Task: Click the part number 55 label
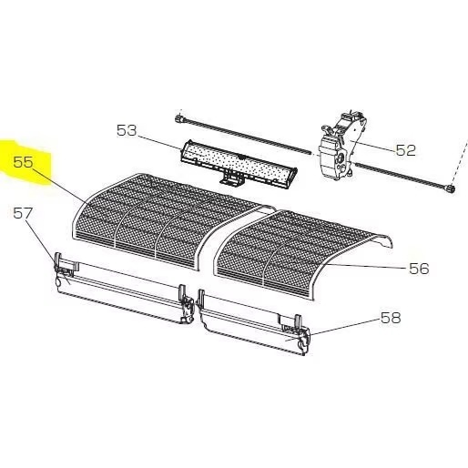click(x=23, y=162)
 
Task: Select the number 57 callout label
click(x=23, y=214)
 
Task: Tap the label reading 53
click(x=127, y=130)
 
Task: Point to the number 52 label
click(x=405, y=150)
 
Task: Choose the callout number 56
click(x=419, y=269)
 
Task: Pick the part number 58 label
click(x=391, y=318)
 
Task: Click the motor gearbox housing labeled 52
click(x=341, y=147)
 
